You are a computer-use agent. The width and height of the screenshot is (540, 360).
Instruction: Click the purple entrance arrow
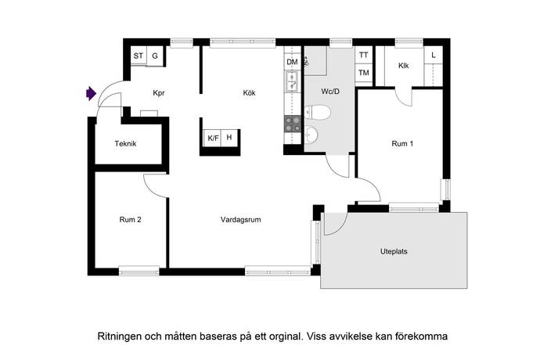[91, 93]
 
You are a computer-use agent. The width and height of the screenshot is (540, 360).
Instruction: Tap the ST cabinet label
[139, 56]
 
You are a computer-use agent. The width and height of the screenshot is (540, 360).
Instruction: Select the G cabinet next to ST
[155, 56]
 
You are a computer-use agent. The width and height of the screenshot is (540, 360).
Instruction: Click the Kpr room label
[159, 93]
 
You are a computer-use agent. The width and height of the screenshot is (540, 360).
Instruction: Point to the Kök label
[250, 93]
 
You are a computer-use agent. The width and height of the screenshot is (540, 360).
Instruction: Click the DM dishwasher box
[293, 62]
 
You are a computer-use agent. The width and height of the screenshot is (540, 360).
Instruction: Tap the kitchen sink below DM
[293, 81]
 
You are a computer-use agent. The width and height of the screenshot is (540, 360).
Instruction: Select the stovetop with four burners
[293, 124]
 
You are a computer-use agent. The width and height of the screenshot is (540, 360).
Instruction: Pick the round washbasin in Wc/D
[311, 134]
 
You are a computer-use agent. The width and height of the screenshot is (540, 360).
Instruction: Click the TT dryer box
[364, 55]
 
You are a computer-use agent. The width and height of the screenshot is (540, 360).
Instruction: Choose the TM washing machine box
[364, 73]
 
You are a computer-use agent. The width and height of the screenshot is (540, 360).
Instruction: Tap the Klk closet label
[404, 66]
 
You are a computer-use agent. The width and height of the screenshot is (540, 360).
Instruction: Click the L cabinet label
[434, 55]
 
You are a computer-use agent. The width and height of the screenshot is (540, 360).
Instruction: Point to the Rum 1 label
[402, 144]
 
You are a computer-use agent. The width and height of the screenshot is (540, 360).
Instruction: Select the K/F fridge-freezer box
[213, 139]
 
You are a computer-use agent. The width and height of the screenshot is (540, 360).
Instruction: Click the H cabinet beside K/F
[229, 138]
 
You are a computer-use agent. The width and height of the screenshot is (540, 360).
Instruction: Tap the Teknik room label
[126, 144]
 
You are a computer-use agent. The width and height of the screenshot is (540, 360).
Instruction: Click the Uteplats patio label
[394, 251]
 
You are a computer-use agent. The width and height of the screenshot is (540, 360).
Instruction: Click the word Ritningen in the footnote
[120, 337]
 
